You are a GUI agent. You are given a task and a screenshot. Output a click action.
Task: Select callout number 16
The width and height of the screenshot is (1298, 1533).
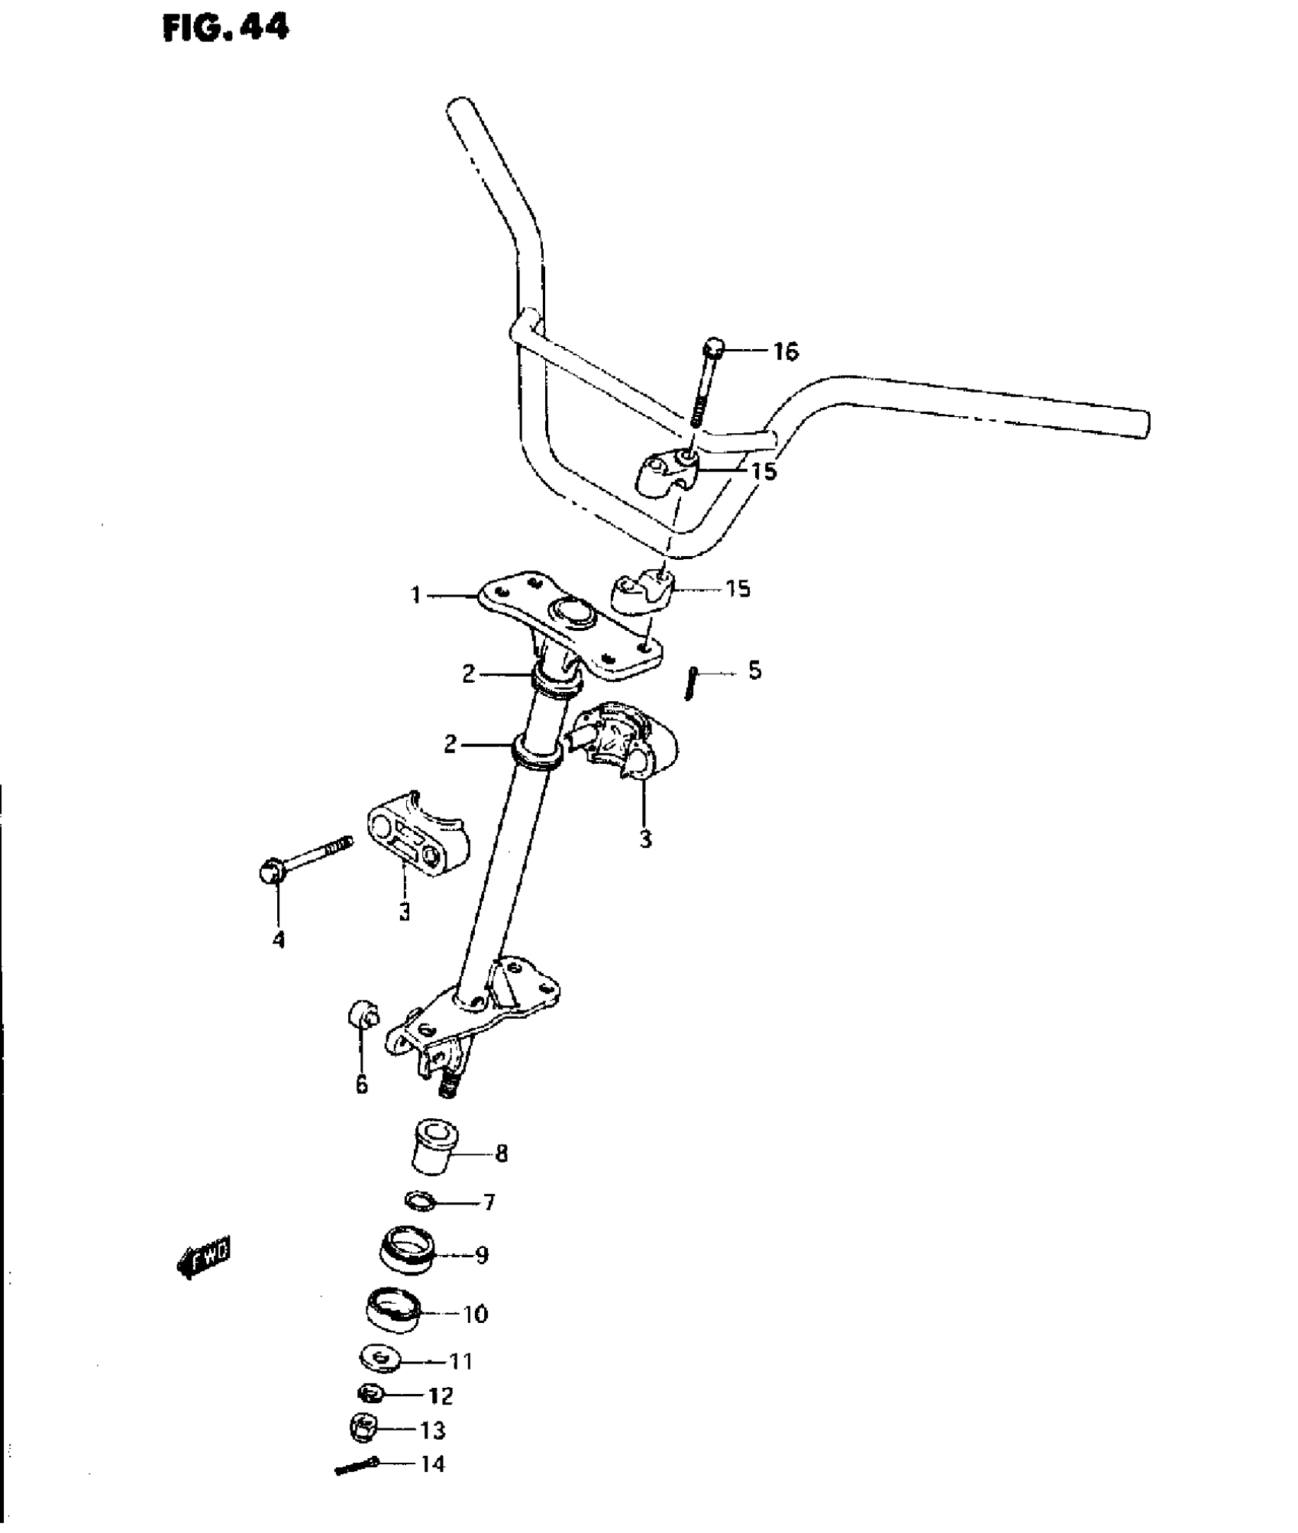pyautogui.click(x=785, y=351)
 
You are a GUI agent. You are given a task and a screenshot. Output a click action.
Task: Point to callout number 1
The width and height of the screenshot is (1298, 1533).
pyautogui.click(x=416, y=594)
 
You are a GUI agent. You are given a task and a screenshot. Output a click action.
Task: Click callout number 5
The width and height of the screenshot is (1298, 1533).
pyautogui.click(x=754, y=671)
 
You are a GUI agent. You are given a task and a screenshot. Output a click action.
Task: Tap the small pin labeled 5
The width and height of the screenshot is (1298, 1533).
pyautogui.click(x=689, y=682)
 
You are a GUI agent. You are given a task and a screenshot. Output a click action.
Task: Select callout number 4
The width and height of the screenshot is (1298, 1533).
pyautogui.click(x=279, y=940)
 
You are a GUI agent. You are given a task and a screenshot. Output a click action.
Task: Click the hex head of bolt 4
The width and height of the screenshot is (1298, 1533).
pyautogui.click(x=268, y=871)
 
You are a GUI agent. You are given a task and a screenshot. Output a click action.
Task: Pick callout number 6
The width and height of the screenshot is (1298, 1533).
pyautogui.click(x=361, y=1083)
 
